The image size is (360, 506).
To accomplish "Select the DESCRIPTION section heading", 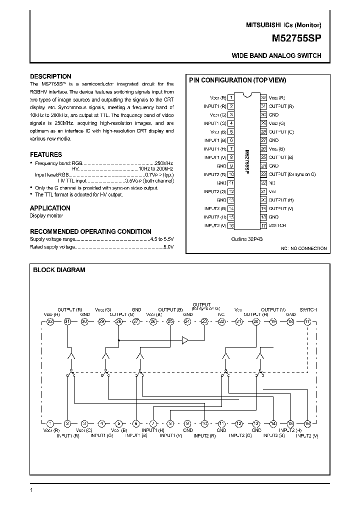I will click(50, 76).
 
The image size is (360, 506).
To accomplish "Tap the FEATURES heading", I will click(46, 155).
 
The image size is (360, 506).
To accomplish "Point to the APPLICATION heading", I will click(50, 208).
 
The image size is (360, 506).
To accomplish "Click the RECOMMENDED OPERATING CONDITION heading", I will click(90, 231).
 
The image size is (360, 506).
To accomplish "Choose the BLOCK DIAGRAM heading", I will click(59, 270).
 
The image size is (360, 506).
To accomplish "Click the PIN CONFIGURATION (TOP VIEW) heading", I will click(236, 80).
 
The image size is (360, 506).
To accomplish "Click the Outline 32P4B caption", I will click(246, 239).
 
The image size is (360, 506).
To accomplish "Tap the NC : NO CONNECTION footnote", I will click(303, 248).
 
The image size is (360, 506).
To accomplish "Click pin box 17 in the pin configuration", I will click(263, 225).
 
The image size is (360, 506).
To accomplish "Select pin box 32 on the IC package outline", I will click(263, 97).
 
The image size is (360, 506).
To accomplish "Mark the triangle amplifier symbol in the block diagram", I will click(185, 341).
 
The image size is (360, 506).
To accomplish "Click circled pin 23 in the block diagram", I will click(204, 321).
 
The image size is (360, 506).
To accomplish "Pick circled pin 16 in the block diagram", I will click(307, 423).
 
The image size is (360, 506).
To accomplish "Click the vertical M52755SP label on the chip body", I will click(247, 161).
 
